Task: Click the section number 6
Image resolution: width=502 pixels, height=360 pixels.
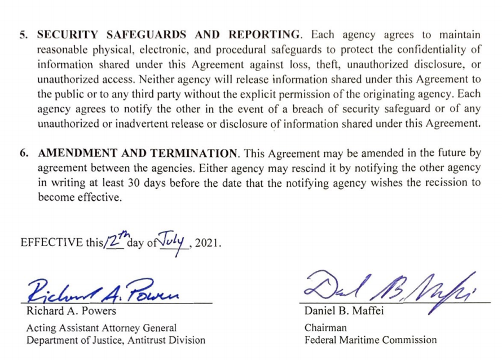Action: click(24, 153)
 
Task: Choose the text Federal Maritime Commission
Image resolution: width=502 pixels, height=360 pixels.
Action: click(371, 340)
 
